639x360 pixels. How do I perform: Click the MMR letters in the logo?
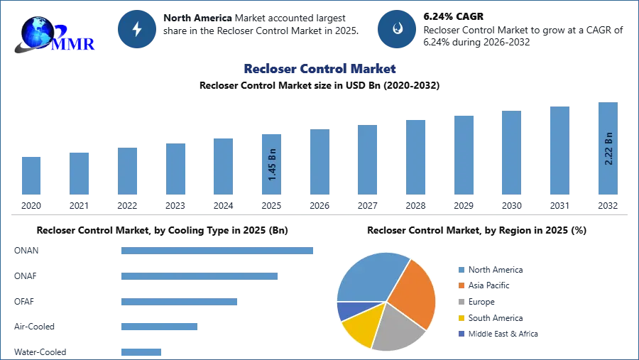click(73, 43)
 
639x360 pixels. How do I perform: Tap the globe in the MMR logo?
click(37, 32)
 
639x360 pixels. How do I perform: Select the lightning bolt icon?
click(138, 29)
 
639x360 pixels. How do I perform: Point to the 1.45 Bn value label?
click(273, 165)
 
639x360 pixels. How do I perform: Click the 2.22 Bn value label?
click(608, 148)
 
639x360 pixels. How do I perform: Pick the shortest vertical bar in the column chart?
click(31, 175)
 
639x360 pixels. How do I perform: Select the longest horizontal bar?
click(218, 250)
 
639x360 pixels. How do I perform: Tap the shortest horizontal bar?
click(141, 351)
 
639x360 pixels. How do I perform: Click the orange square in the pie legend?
click(461, 285)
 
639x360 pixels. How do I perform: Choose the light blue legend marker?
click(461, 270)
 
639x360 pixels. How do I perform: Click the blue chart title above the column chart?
click(320, 69)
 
